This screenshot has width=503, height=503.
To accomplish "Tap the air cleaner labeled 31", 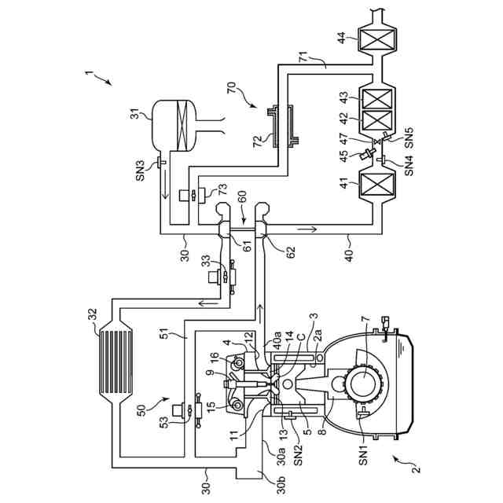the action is [x=174, y=126].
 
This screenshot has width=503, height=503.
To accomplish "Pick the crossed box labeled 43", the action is [x=378, y=98].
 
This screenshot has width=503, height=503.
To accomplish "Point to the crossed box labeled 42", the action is [x=378, y=121].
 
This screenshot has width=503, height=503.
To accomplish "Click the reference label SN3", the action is [x=141, y=171].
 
